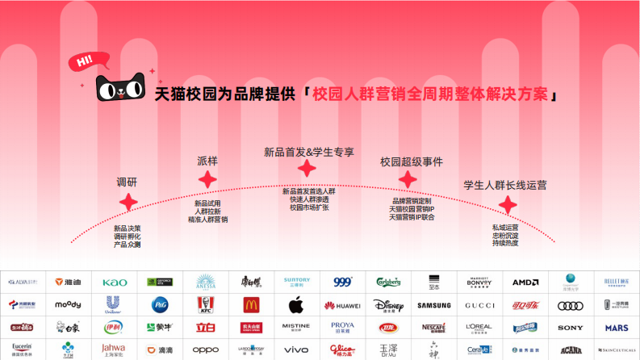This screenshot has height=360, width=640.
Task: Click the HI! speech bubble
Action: coord(83,61)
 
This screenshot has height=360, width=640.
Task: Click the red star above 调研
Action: coord(128,203)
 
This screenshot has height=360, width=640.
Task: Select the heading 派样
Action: coord(207,161)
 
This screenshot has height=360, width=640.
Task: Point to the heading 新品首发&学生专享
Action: coord(309,152)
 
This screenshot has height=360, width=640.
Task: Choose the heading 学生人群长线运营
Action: coord(504,185)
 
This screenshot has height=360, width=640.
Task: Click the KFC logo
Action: coord(206,305)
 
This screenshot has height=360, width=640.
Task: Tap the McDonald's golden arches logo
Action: coord(252,305)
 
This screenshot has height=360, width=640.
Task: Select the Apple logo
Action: coord(295,305)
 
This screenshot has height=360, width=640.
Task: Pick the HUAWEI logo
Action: coord(342,305)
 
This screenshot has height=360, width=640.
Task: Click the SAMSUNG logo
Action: coord(434,305)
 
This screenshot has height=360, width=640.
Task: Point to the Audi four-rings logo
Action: coord(571,305)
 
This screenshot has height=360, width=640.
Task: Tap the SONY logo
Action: coord(571,328)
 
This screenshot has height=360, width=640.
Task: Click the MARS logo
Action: coord(617,328)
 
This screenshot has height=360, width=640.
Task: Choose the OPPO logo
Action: coord(206,350)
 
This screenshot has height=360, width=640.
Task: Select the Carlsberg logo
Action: coord(388,283)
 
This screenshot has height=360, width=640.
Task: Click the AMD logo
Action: coord(525,283)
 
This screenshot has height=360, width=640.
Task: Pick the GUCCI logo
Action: coord(479,305)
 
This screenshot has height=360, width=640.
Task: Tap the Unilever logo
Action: coord(115,305)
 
